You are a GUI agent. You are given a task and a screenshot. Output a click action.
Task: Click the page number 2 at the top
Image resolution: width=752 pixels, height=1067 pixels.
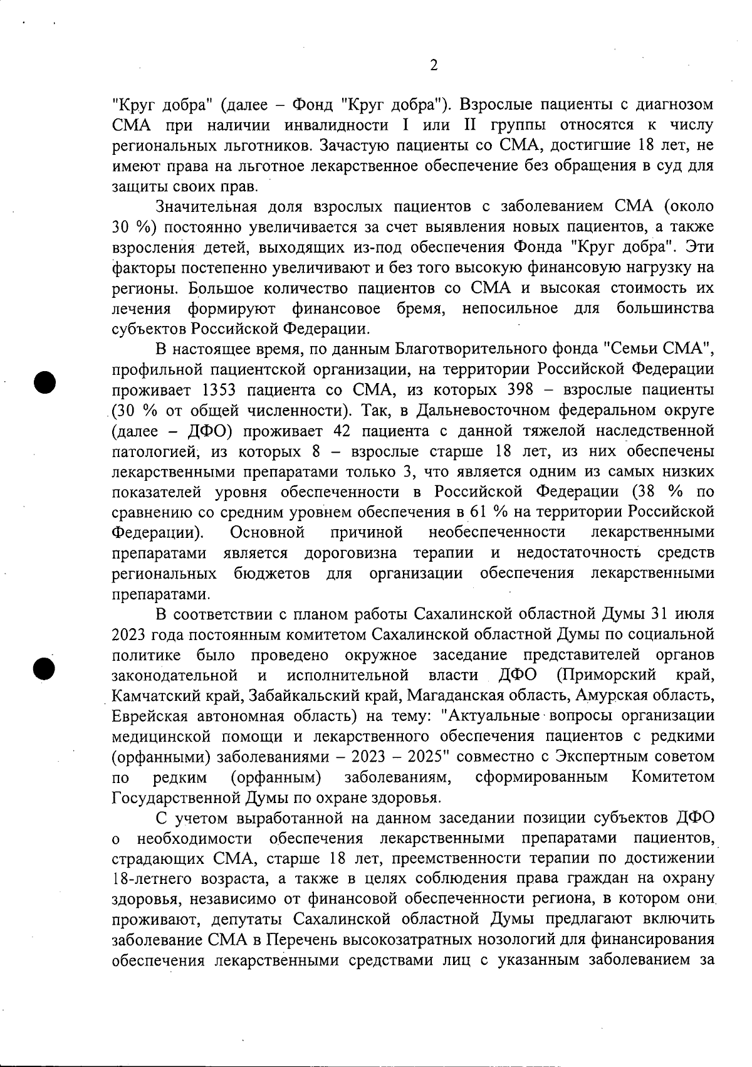[433, 65]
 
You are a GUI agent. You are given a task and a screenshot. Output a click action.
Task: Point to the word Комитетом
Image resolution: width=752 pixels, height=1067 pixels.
[672, 777]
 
